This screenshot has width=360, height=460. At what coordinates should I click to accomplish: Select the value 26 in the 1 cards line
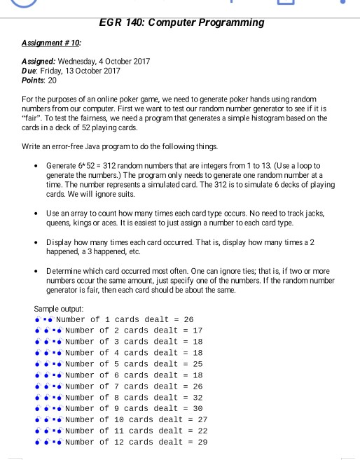188,319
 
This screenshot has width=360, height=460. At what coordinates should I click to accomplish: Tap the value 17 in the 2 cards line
198,330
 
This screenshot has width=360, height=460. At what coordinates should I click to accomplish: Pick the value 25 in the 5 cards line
198,364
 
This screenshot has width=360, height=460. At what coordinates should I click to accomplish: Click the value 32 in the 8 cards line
198,398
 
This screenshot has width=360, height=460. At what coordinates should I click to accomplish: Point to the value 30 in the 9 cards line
198,409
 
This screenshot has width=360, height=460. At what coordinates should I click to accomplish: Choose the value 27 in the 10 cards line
202,420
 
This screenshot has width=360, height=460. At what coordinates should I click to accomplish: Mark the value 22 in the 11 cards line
202,431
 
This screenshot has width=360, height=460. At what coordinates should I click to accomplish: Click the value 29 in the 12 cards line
202,442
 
